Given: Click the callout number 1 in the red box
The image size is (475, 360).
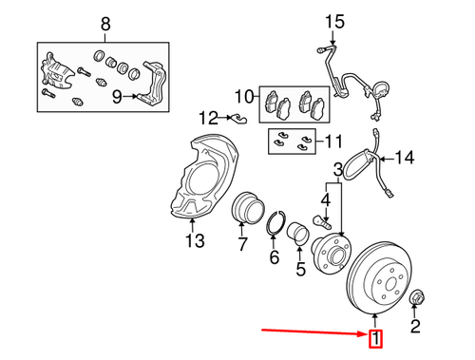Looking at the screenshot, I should click(376, 338).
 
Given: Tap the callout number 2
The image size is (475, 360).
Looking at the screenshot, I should click(414, 330).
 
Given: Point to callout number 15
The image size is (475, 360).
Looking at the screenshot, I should click(332, 20).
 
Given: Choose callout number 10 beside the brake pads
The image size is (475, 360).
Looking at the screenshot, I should click(245, 96).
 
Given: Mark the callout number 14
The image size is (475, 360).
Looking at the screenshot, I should click(406, 158).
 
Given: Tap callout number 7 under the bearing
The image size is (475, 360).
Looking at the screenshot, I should click(242, 246).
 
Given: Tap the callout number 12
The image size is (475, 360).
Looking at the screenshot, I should click(209, 118).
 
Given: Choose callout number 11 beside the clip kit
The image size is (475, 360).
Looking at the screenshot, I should click(332, 142).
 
